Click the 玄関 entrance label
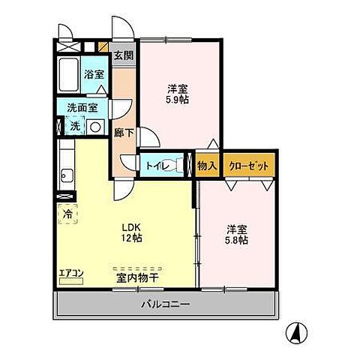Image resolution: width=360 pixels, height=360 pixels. [x=123, y=55]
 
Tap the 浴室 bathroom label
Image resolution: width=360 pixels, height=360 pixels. [x=94, y=76]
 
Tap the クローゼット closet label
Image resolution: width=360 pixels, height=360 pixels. [x=249, y=166]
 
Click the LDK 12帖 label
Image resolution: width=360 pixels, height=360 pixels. [x=132, y=232]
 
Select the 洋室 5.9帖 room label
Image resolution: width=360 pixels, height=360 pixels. [x=177, y=91]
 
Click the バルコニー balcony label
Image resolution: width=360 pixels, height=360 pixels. [x=166, y=305]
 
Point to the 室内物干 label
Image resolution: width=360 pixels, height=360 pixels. [x=136, y=277]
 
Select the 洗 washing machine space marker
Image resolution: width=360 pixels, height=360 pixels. [x=75, y=127]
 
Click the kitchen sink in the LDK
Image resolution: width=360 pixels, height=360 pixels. [x=66, y=177]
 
